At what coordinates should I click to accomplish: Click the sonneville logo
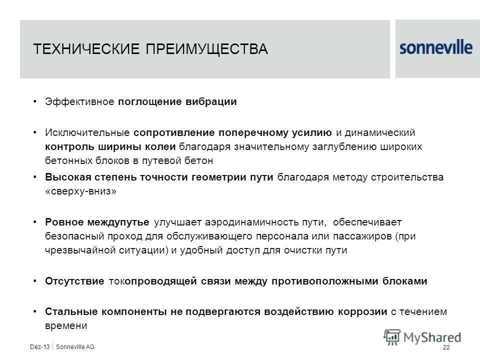click(x=436, y=47)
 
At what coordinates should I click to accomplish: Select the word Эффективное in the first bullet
click(x=80, y=102)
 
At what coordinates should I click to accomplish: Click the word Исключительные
click(x=87, y=133)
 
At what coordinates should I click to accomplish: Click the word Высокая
click(x=65, y=177)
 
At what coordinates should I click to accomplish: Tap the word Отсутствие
click(x=74, y=281)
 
